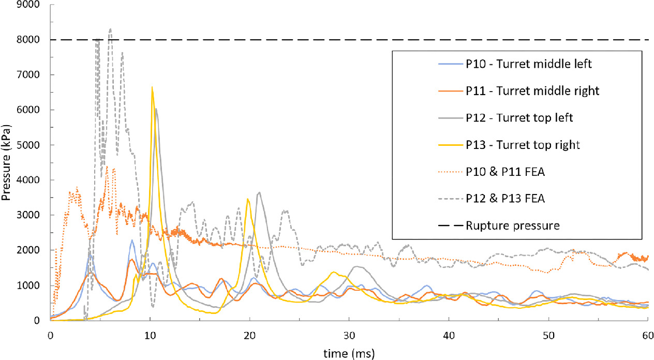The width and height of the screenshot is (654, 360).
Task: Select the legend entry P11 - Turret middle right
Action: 521,91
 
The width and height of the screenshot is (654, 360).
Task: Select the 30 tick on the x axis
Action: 349,333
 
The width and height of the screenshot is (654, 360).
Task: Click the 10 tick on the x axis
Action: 150,333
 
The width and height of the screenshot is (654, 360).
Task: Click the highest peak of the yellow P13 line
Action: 152,87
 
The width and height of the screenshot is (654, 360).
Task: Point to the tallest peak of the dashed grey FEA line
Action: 110,29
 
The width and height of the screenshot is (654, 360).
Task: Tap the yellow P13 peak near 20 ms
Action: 248,199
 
